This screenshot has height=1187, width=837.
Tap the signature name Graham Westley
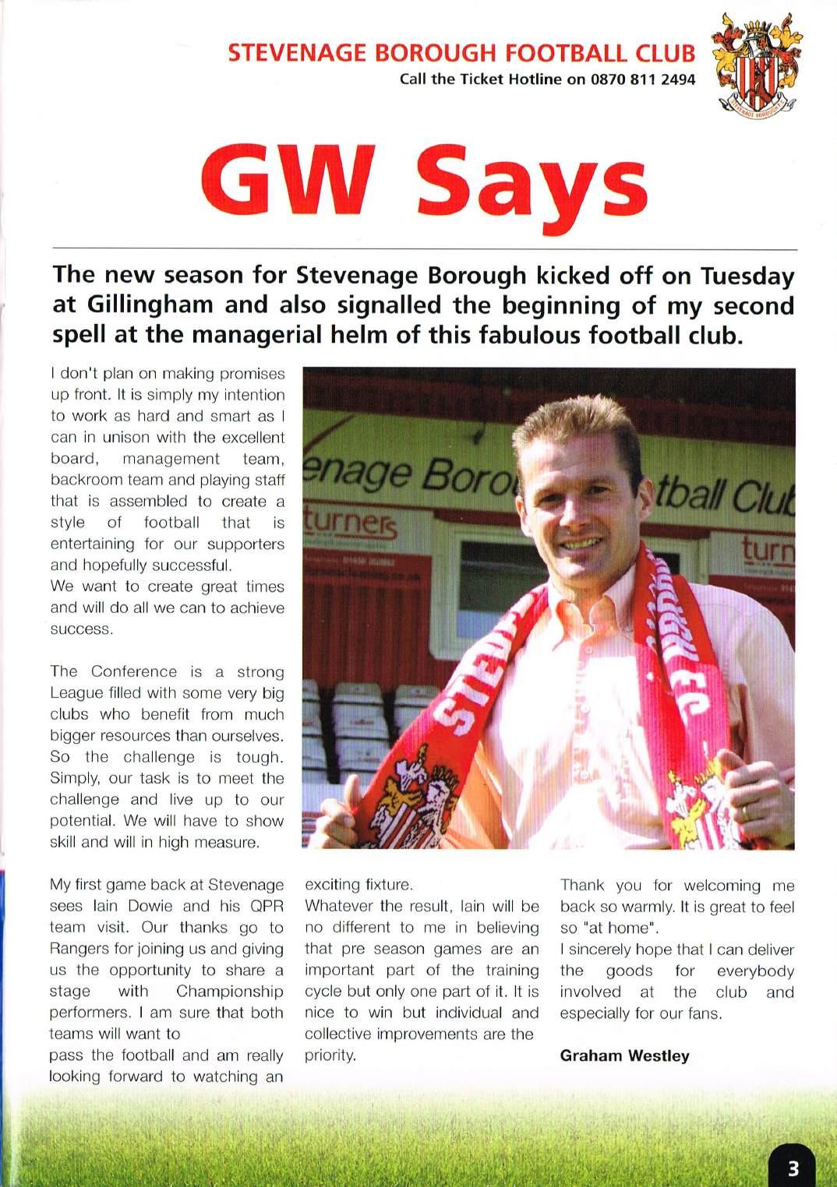click(624, 1056)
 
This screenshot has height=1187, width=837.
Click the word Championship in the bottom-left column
click(229, 992)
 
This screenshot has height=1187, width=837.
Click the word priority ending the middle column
click(330, 1056)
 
